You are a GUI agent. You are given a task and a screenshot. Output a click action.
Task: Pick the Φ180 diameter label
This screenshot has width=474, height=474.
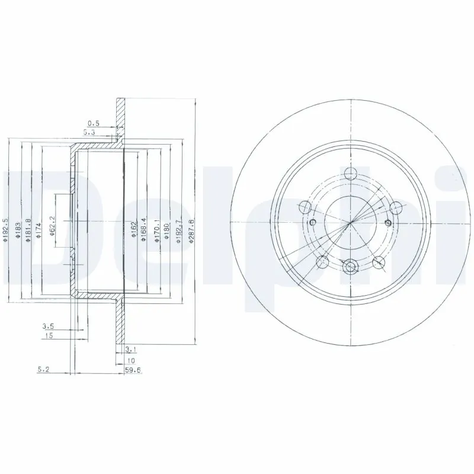[167, 228]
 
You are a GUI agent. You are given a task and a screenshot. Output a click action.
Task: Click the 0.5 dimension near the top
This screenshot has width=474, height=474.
[93, 123]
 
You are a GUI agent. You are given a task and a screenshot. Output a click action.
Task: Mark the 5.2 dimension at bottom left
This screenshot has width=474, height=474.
[43, 369]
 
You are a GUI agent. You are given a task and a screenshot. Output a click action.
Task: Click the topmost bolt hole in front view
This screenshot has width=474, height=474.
[351, 176]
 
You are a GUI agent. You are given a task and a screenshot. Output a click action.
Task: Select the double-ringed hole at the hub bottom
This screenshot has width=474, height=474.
[351, 268]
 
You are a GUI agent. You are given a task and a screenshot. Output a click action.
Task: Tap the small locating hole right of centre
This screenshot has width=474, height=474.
[388, 222]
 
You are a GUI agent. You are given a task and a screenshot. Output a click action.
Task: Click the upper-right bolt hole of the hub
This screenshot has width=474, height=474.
[396, 207]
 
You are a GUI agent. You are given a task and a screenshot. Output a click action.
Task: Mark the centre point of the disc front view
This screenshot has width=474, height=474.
[351, 222]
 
